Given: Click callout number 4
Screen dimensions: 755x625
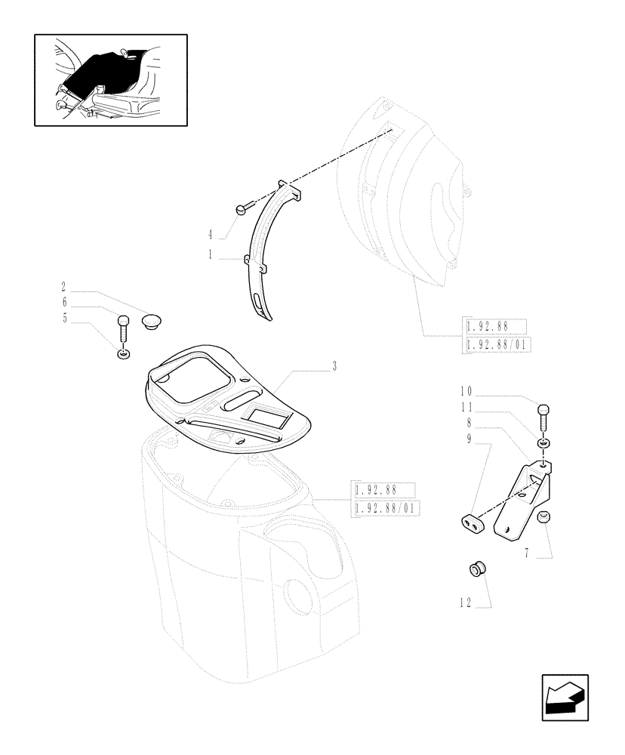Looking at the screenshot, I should [211, 234].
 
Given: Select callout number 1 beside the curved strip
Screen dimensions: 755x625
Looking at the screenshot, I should [211, 256].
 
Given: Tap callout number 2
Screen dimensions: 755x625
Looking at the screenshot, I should [63, 287].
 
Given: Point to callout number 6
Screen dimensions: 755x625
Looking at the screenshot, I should [63, 302].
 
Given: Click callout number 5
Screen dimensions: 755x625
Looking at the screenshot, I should [63, 318].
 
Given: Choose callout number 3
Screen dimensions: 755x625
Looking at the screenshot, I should [334, 366].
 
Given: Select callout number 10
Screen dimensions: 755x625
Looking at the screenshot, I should [465, 390].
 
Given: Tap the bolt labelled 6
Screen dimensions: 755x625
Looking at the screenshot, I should [123, 329].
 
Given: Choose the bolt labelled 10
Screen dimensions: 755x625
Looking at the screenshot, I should [545, 417].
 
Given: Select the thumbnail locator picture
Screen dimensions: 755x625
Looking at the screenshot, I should [111, 79].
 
